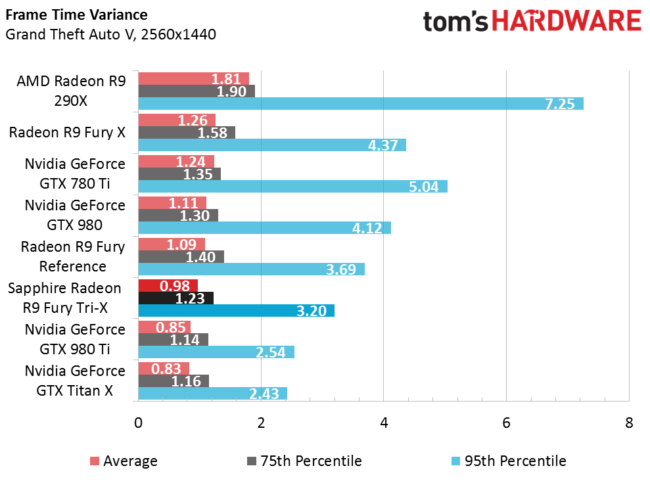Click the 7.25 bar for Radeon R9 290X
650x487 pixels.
pos(361,104)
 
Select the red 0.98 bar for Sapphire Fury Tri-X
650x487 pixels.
pos(168,285)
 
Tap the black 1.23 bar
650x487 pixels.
pos(175,298)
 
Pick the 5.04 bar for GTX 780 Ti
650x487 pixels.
pos(292,187)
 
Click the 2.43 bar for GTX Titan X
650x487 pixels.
pos(212,394)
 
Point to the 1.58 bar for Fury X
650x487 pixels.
pos(187,133)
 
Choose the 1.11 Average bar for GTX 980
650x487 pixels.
pos(172,202)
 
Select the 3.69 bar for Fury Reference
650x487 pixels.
pos(251,269)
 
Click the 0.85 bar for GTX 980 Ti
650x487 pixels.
pos(164,327)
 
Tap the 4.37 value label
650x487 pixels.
pos(383,145)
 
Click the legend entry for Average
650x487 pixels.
pos(123,461)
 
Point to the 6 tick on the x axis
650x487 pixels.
pos(506,423)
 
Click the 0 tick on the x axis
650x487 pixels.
pos(138,423)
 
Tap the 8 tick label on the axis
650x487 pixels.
pos(629,423)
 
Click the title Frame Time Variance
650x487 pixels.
pos(76,14)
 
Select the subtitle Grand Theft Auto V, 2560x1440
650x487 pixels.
pos(110,34)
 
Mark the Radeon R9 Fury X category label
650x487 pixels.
pos(66,132)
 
